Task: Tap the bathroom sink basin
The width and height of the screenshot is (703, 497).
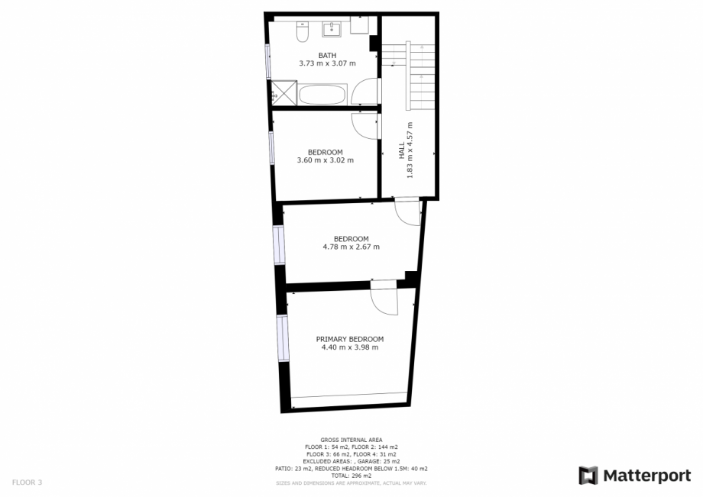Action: (x=332, y=29)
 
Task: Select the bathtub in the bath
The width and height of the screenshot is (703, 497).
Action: (x=322, y=95)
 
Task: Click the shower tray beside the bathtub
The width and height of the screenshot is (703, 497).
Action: (x=283, y=92)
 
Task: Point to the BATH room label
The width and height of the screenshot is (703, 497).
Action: (x=327, y=56)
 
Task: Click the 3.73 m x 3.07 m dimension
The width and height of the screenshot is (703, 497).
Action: (x=327, y=63)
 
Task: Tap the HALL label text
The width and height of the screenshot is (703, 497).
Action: (x=402, y=150)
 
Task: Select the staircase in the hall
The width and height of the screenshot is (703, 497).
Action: (x=408, y=76)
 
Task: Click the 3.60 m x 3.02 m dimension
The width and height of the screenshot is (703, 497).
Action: (x=326, y=160)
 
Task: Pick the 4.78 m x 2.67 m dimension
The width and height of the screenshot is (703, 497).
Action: (x=351, y=247)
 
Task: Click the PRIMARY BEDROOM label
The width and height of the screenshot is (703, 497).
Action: (x=350, y=340)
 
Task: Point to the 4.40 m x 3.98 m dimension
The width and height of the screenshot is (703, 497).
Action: (x=350, y=347)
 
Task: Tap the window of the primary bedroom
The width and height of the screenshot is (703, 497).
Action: (x=283, y=338)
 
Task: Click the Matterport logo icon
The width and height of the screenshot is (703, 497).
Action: (x=588, y=476)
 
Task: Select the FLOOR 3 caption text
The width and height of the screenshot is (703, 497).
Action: (x=27, y=482)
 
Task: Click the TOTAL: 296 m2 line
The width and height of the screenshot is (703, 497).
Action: (x=351, y=476)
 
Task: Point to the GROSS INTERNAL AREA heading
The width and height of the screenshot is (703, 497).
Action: (x=351, y=441)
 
